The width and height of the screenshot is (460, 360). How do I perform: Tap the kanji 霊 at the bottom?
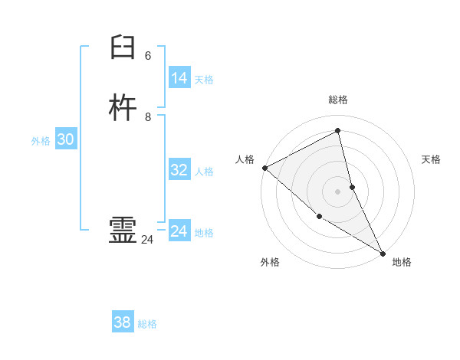point(123,231)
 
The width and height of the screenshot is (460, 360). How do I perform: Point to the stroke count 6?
point(148,56)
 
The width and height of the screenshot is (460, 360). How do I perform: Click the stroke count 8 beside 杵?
point(148,117)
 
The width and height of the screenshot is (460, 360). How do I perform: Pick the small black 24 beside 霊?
point(147,241)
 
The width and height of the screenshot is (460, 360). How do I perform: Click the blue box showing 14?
point(179,78)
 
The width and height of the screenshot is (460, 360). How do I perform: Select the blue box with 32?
point(179,170)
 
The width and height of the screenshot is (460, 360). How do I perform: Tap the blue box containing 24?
point(179,231)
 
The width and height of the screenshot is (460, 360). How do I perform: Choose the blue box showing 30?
point(65,139)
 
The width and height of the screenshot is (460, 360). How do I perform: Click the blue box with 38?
point(122,322)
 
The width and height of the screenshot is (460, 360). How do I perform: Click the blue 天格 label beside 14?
point(204,80)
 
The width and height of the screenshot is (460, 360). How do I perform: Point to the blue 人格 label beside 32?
point(204,172)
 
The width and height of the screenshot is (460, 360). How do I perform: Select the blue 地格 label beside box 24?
point(204,233)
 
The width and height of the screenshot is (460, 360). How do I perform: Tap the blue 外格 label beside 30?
point(41,141)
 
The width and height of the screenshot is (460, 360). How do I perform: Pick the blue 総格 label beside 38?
point(147,324)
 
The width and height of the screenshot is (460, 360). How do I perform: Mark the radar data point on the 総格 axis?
point(337,130)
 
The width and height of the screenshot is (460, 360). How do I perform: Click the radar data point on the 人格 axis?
point(264,168)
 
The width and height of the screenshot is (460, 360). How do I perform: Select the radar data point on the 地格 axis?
point(383,253)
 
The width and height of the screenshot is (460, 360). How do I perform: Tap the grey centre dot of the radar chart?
point(337,191)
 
